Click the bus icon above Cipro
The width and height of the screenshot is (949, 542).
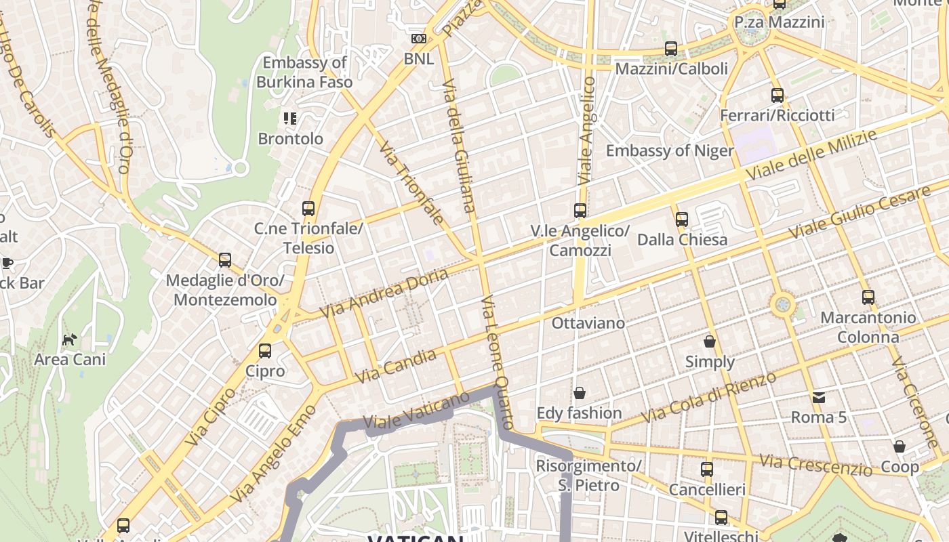coord(265,351)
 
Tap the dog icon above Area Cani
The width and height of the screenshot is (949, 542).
coord(70,339)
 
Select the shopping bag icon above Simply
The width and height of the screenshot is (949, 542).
coord(710,341)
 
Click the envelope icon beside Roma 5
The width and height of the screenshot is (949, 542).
coord(820,397)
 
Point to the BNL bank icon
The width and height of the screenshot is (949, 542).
coord(419,39)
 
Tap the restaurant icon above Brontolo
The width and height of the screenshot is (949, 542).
coord(290,119)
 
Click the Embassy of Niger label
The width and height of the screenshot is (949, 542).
coord(670,150)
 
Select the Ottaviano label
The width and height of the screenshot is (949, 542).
coord(588,323)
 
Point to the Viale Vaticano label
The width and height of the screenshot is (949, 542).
coord(416,410)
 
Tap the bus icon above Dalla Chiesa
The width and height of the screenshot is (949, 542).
coord(682,219)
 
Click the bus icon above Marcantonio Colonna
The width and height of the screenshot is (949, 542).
coord(868,297)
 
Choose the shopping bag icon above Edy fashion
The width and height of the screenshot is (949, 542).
coord(580,393)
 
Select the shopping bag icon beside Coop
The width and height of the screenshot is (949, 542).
coord(900,446)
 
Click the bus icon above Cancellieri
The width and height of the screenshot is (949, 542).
coord(707,469)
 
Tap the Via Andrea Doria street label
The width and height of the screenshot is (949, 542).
coord(384,293)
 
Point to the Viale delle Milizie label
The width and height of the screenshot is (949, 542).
coord(811,155)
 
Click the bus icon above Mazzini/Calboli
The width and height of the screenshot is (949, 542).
coord(671,48)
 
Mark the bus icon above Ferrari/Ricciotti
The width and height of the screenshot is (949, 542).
coord(778,96)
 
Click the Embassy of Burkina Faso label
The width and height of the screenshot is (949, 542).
coord(304,72)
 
